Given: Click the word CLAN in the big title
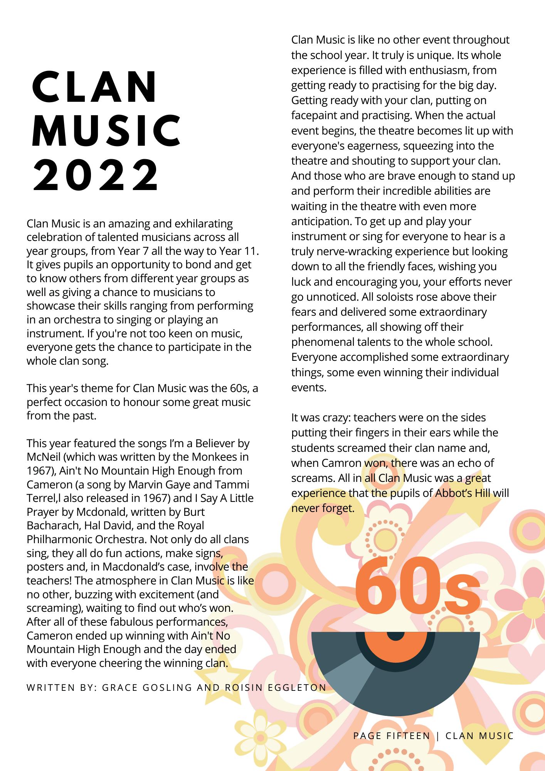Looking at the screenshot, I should point(95,88).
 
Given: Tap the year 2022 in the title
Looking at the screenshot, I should point(96,175).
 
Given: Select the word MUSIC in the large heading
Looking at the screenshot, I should point(106,131).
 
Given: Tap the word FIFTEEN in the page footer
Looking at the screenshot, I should point(409,736).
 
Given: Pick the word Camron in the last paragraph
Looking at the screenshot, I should point(341,463).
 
